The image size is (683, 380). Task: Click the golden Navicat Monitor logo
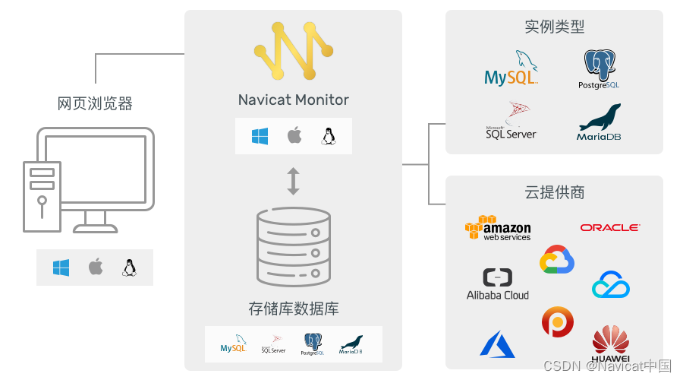pos(294,52)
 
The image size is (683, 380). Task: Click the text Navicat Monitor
pos(294,100)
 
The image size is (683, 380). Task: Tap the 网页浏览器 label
pos(95,103)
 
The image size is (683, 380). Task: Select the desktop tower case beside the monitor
pos(42,196)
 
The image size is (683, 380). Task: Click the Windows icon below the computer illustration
pos(61,268)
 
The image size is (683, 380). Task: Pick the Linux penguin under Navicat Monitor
pos(328,137)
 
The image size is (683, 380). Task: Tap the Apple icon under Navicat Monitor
pos(294,137)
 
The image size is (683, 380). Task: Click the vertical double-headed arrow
pos(293,181)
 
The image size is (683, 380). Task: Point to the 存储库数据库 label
pos(294,309)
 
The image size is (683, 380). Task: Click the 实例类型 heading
pos(554,27)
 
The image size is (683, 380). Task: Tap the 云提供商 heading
pos(554,192)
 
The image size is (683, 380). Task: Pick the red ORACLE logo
pos(610,227)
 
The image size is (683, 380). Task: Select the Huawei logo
pos(610,344)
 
